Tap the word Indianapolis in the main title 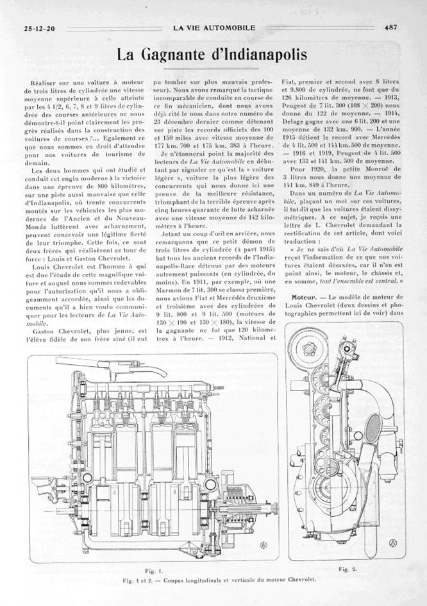click(260, 56)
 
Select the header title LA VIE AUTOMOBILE click(214, 28)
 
